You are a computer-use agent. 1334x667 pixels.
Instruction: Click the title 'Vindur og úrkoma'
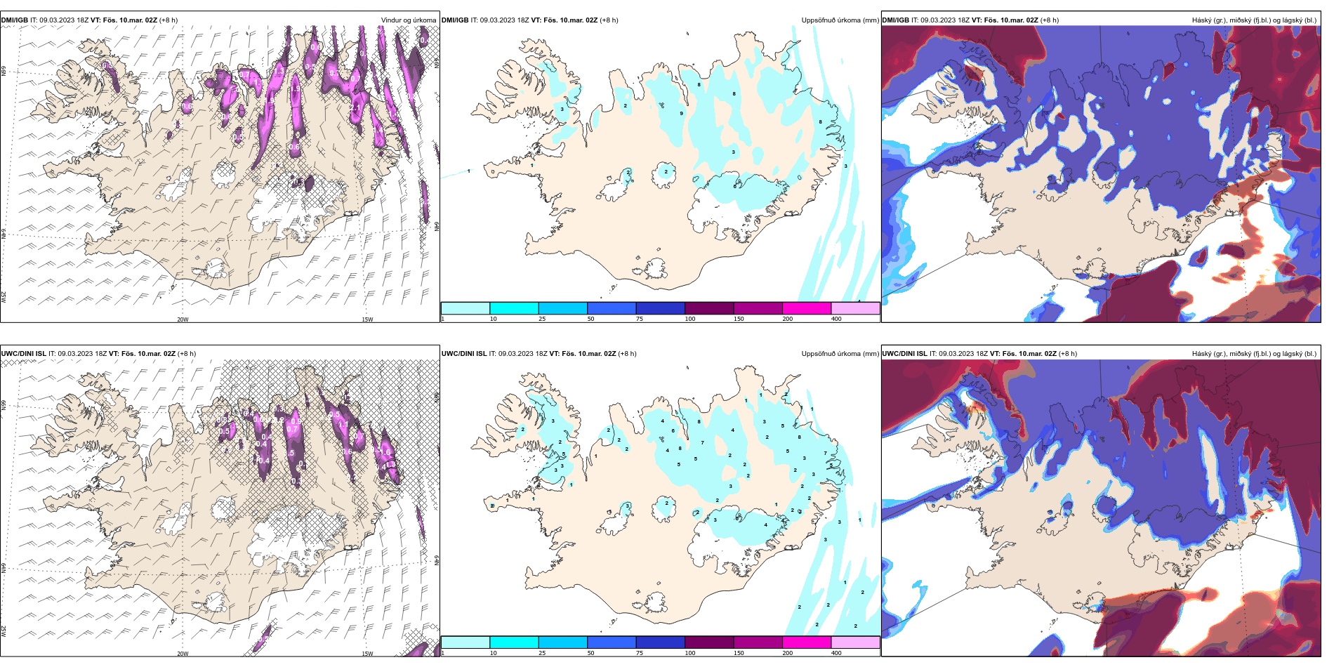click(408, 20)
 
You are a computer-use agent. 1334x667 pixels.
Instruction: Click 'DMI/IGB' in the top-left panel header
click(15, 20)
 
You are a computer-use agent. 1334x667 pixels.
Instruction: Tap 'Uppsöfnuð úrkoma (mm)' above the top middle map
click(840, 20)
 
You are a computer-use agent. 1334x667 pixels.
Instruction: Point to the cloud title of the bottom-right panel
click(1254, 354)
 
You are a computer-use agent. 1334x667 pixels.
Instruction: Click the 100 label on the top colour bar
click(690, 319)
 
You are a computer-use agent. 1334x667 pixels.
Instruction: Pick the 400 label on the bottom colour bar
click(836, 653)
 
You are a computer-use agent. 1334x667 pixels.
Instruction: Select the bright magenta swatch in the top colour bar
click(806, 308)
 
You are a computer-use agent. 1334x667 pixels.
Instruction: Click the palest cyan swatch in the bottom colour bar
click(465, 642)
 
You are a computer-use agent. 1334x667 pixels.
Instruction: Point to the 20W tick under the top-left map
click(183, 319)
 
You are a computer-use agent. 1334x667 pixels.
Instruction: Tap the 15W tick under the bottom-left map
click(367, 654)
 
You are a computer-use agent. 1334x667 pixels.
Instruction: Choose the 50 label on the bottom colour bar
click(590, 653)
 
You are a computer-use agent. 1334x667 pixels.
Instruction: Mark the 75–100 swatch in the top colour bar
click(660, 308)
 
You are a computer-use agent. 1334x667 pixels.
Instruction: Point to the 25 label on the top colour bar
click(542, 319)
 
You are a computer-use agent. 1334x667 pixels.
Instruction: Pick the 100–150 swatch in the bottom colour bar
click(709, 642)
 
